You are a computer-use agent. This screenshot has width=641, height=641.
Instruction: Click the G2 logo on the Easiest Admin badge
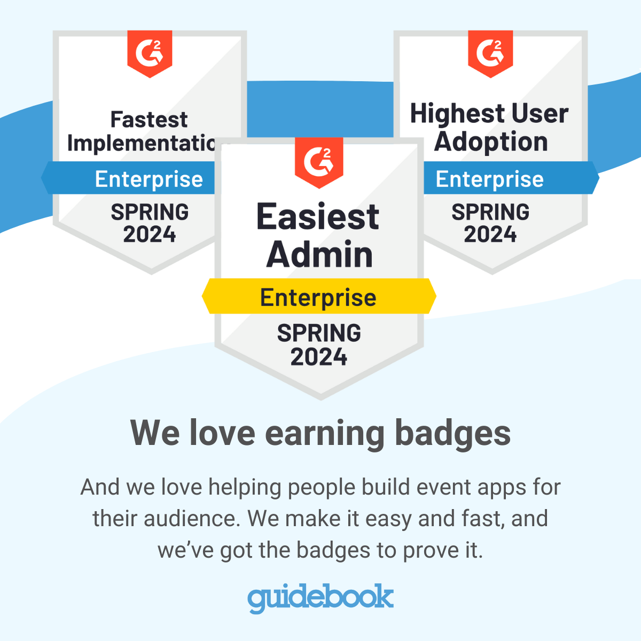(319, 160)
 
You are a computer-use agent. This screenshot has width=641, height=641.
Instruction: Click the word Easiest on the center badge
(318, 217)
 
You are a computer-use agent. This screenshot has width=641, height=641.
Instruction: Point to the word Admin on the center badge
(319, 254)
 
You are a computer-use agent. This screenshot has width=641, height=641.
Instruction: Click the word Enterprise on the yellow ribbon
(318, 298)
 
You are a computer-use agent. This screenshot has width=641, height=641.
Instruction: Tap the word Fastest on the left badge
(149, 120)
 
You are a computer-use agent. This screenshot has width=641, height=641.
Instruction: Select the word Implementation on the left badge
(142, 143)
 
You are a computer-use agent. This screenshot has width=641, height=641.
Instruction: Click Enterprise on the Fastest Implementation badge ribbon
(149, 179)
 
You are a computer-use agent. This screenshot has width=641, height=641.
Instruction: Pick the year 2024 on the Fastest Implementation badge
(150, 234)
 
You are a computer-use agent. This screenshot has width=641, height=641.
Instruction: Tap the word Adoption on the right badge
(491, 142)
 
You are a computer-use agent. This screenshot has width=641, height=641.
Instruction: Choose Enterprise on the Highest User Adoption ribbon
(490, 179)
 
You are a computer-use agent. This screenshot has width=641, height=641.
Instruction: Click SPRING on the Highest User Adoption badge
(490, 212)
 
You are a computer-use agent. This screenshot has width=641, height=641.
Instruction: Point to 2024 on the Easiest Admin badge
(319, 357)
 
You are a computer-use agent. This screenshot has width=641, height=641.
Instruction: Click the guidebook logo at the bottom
(320, 598)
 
